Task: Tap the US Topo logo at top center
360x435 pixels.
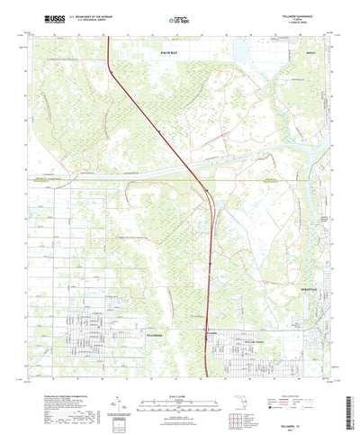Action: pos(180,18)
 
